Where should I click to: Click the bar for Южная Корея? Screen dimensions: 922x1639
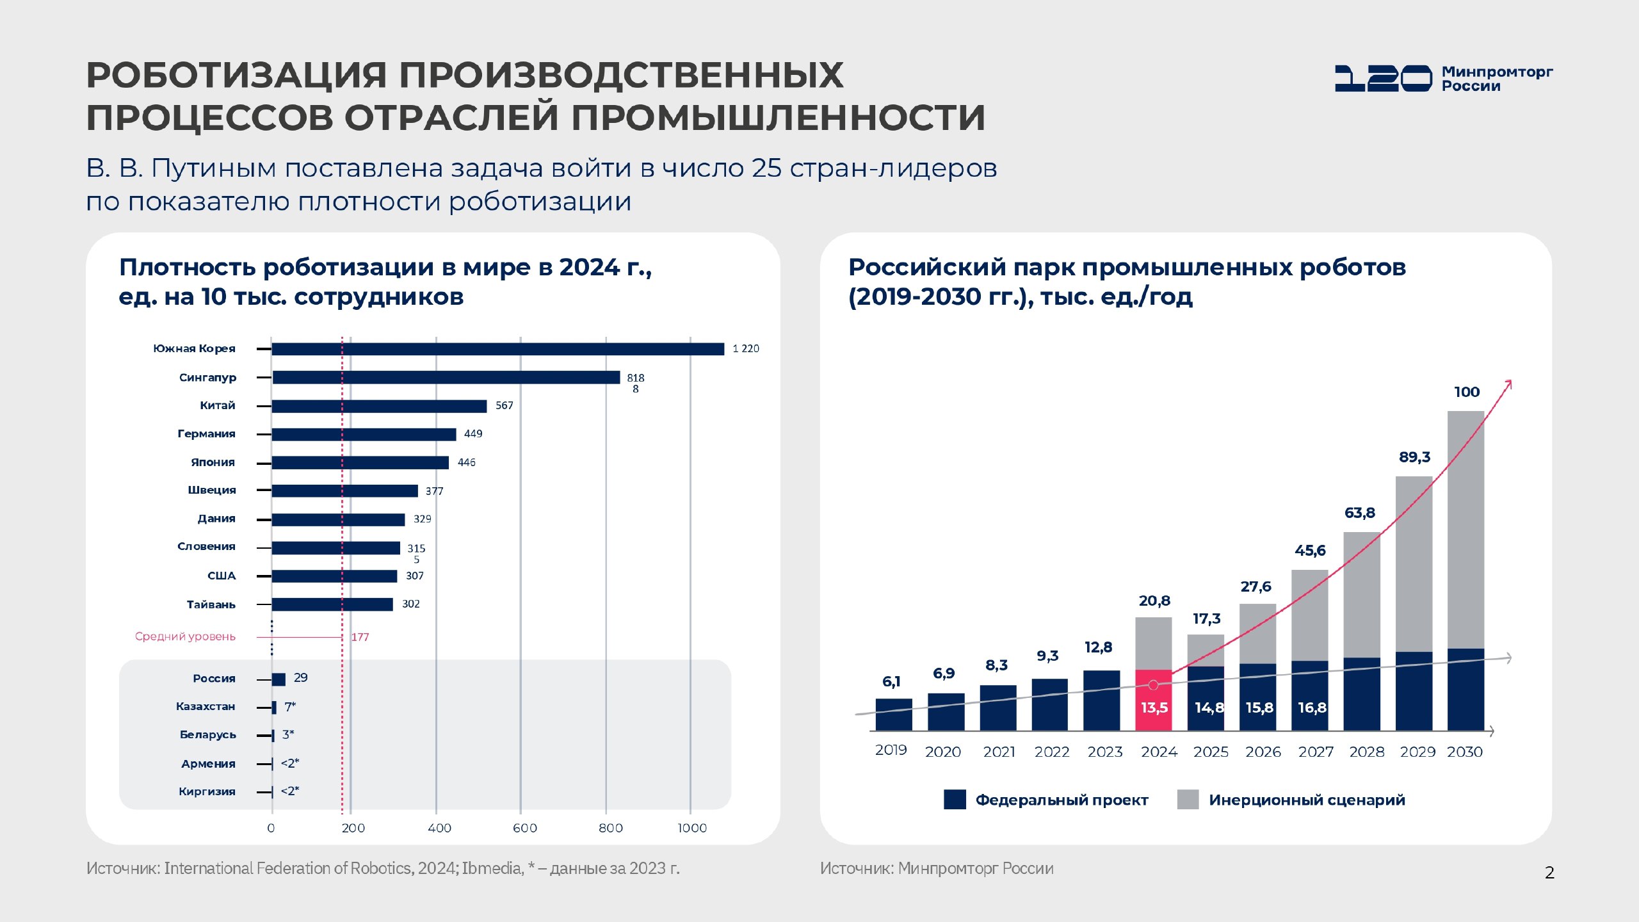pos(497,349)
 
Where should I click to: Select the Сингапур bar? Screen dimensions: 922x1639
pos(446,377)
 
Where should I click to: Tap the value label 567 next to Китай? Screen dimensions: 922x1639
pos(504,405)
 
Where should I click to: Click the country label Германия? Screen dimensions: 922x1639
pos(206,433)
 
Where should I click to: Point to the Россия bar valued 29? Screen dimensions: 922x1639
pos(279,679)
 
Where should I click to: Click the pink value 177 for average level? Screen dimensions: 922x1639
pos(360,637)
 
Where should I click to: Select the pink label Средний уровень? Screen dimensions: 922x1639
pos(185,636)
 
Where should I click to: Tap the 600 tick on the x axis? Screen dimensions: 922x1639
pos(524,828)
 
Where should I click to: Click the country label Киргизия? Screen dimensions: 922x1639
pos(207,791)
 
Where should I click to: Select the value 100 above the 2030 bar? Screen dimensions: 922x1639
pos(1466,392)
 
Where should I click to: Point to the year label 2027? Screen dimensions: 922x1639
pos(1315,752)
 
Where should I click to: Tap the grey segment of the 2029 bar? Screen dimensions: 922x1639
pos(1414,563)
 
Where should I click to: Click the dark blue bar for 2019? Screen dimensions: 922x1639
pos(893,715)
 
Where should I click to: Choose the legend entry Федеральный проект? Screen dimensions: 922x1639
pos(1046,800)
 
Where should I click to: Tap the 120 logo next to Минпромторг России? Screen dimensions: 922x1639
pos(1383,78)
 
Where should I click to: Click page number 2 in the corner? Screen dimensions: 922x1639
pos(1549,873)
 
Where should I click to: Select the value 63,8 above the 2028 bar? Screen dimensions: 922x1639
pos(1359,513)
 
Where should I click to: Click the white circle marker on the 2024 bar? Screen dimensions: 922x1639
pos(1153,685)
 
